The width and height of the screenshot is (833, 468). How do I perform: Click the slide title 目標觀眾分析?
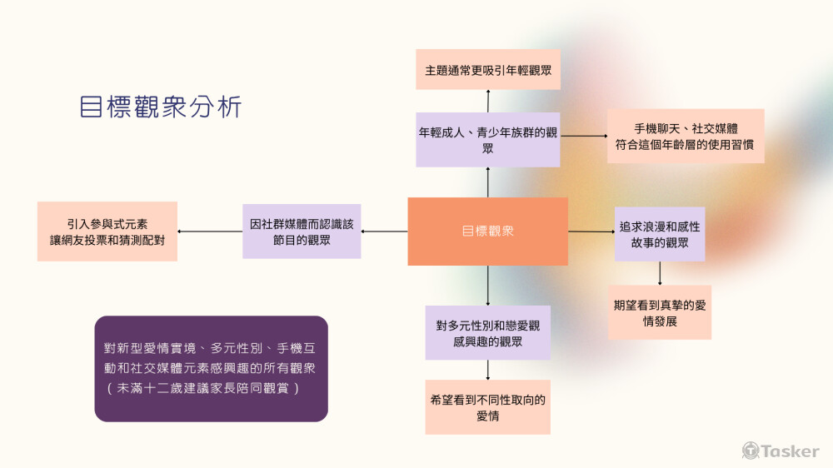click(161, 107)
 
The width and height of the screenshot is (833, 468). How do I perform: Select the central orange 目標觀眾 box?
click(487, 232)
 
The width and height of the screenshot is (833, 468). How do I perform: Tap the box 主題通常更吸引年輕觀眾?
click(488, 70)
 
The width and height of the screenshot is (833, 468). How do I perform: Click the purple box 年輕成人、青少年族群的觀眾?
click(488, 139)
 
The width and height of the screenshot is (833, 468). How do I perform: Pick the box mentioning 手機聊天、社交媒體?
click(686, 136)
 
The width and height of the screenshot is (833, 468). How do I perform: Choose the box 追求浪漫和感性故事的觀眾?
click(660, 234)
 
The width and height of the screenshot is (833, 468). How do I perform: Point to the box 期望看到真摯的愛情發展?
click(660, 312)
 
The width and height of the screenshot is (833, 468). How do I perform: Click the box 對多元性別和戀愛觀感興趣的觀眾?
click(487, 333)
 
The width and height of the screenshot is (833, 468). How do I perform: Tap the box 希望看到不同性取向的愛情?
click(487, 407)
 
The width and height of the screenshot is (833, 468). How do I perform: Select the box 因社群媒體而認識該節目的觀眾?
click(302, 232)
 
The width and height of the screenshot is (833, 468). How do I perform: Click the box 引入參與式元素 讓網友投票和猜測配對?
click(107, 232)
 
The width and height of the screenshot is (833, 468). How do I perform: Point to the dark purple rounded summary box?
click(211, 368)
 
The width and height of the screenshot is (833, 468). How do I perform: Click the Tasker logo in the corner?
click(781, 451)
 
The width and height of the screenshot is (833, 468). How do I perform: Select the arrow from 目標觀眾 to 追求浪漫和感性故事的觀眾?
click(591, 232)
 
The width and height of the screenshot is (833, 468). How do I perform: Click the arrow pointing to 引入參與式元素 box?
click(209, 232)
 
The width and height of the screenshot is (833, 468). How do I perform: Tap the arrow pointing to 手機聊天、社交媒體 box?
click(583, 136)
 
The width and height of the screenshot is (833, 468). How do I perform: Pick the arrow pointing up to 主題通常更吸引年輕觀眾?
click(488, 101)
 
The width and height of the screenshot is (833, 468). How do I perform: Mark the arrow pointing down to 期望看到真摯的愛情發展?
click(660, 274)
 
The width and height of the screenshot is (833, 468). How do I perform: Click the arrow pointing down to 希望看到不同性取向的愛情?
click(487, 370)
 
